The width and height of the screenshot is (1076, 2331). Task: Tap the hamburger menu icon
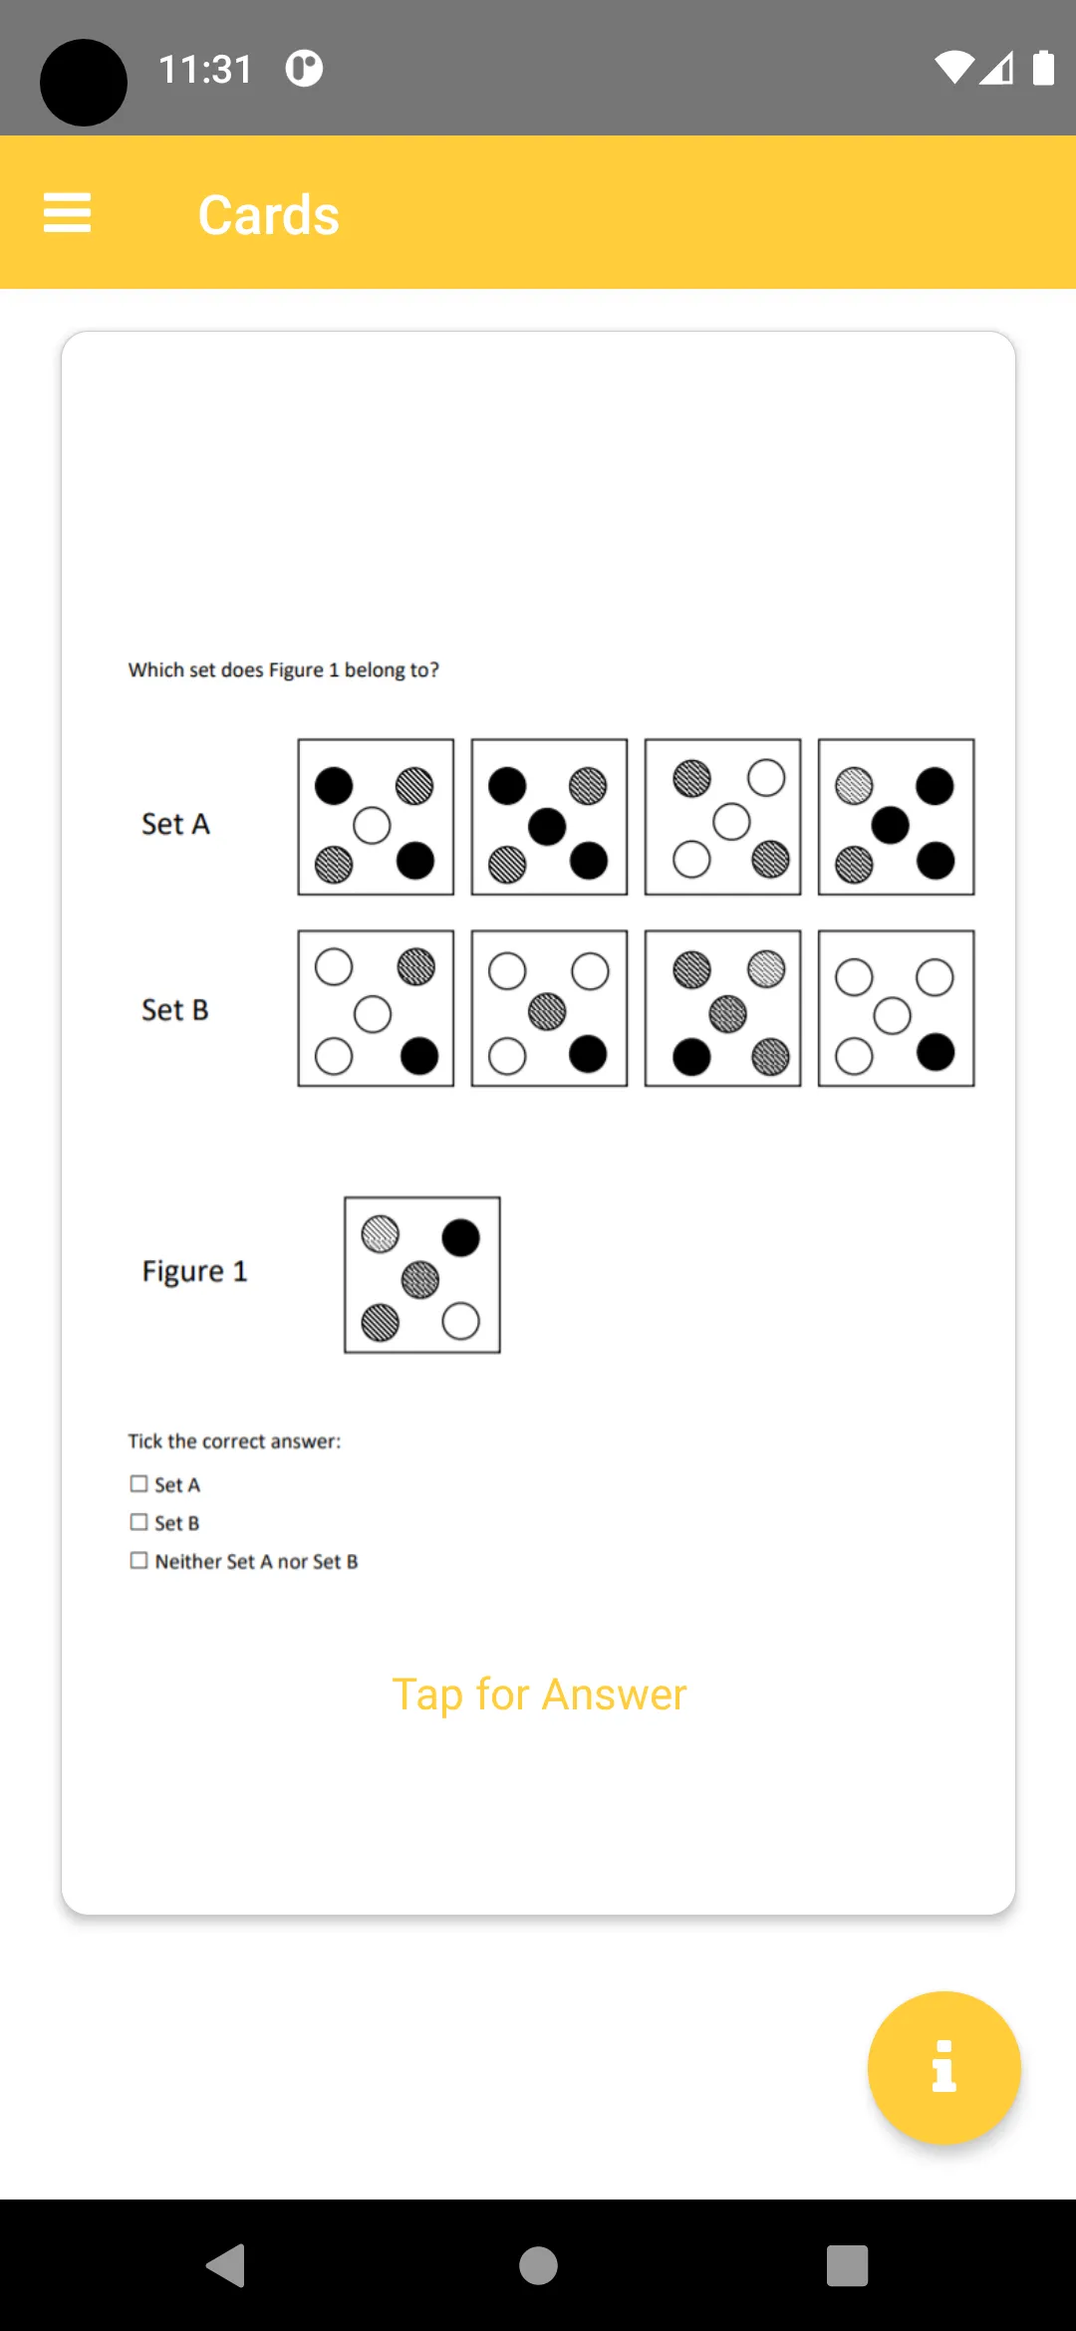(67, 213)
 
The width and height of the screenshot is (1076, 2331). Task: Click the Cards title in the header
(269, 215)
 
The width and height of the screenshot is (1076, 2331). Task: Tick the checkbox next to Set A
(138, 1484)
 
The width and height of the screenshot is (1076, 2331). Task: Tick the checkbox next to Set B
(138, 1522)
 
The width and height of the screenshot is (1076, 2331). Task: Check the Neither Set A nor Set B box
(138, 1561)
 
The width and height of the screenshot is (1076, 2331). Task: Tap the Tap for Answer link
(539, 1694)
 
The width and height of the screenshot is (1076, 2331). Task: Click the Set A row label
(175, 824)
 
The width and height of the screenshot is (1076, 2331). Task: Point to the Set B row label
(175, 1010)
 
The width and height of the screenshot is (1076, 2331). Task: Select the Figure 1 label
(194, 1271)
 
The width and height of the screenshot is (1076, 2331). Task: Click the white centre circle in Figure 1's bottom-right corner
(460, 1322)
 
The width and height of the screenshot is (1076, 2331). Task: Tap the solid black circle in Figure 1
(460, 1238)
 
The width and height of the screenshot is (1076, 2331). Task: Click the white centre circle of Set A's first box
(372, 826)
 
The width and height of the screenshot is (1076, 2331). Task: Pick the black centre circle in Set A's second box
(547, 827)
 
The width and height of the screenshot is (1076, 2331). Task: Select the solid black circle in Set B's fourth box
(936, 1052)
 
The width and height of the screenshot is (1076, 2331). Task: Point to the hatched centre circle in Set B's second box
(547, 1012)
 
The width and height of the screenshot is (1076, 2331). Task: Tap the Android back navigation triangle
(226, 2265)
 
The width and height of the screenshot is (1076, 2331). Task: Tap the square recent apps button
(847, 2266)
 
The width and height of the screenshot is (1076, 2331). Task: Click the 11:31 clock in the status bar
(205, 70)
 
